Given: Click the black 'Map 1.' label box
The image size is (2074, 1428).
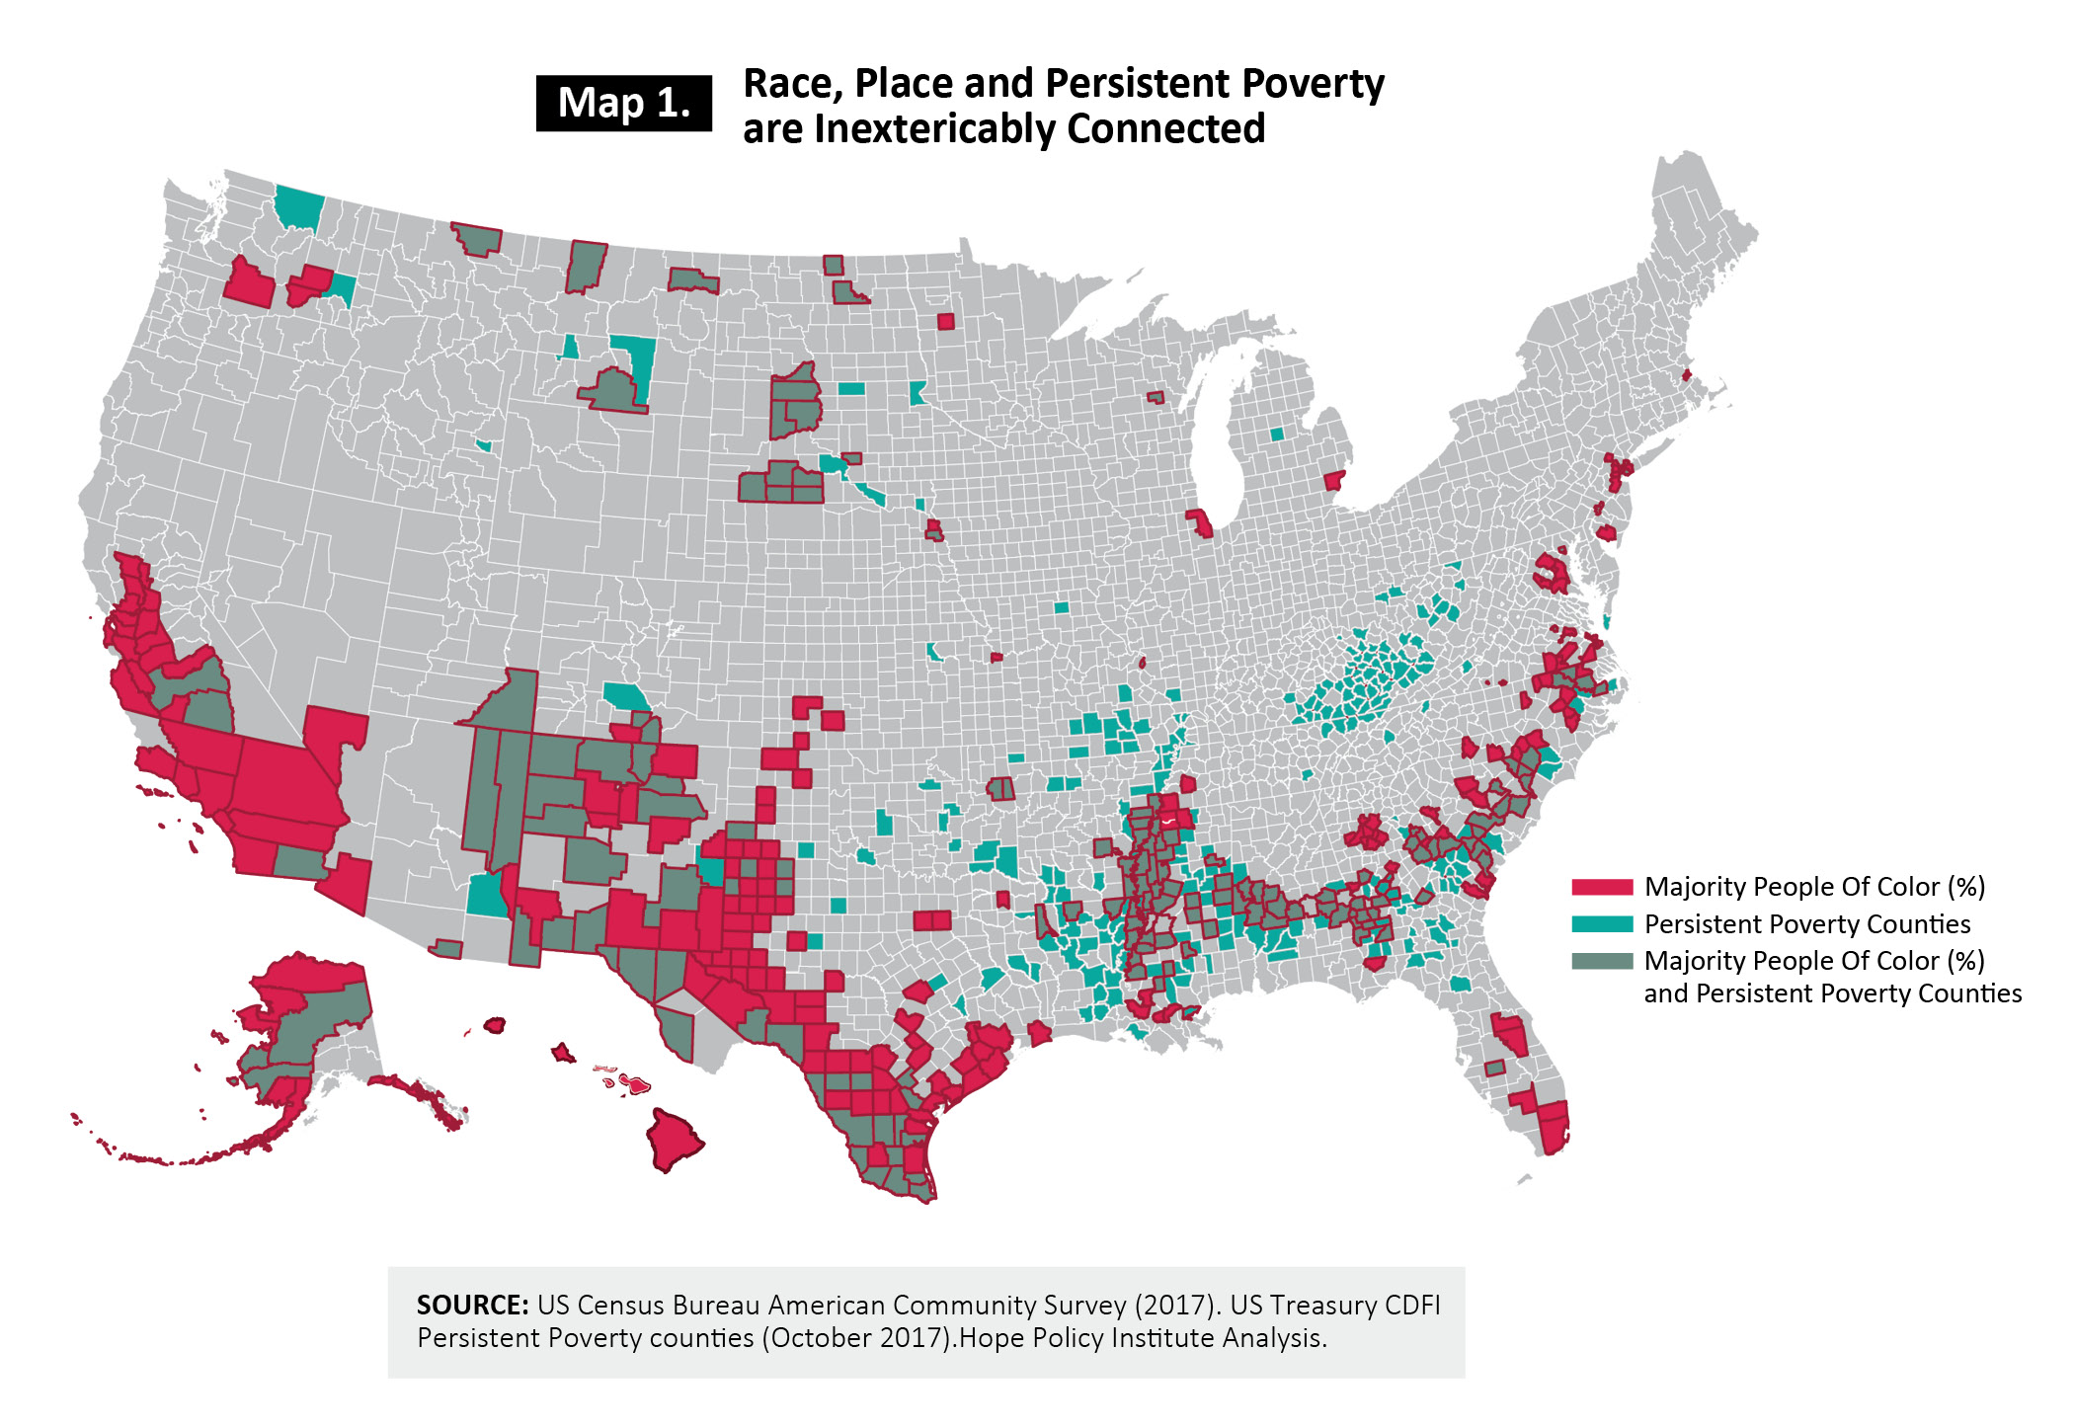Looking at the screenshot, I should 623,103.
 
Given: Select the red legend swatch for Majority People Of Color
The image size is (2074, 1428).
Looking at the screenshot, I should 1602,887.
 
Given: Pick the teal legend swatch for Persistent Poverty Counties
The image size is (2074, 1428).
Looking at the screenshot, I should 1602,924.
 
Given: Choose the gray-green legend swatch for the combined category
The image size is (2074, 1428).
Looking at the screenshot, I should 1602,961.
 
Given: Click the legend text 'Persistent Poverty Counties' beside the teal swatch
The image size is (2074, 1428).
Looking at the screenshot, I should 1806,924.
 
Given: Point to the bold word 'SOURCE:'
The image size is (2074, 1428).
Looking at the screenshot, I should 472,1306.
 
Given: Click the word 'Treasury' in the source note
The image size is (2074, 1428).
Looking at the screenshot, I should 1323,1306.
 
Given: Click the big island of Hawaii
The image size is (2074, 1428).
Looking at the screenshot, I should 675,1139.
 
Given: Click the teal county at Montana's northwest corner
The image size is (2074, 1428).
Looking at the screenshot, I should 298,206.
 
